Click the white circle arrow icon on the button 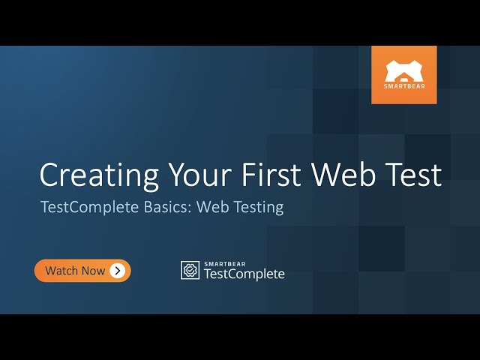click(x=117, y=271)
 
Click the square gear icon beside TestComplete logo click(x=190, y=270)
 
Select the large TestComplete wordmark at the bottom click(x=244, y=274)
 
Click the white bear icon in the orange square click(x=403, y=71)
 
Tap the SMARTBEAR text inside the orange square click(x=403, y=87)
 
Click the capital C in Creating click(x=51, y=175)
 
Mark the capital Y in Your click(x=174, y=175)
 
